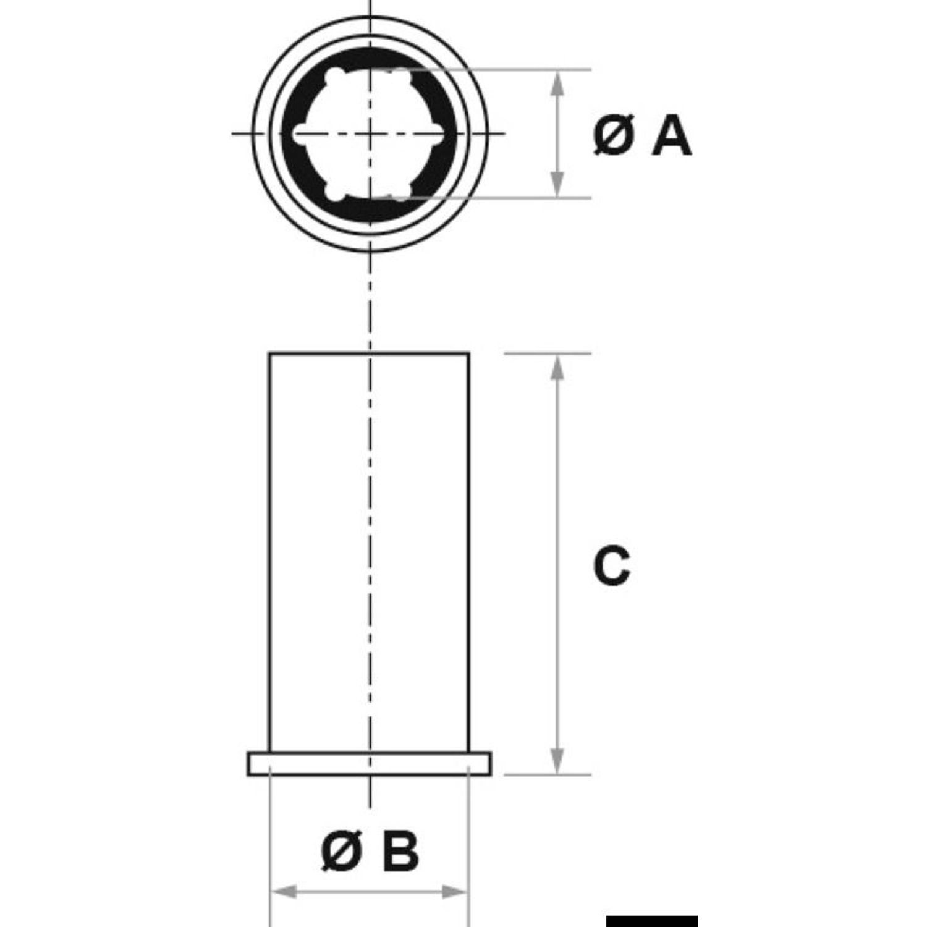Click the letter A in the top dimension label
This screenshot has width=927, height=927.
[x=671, y=137]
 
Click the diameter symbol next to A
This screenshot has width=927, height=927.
[x=613, y=137]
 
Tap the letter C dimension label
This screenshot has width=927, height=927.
[x=612, y=566]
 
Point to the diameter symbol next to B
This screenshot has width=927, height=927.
[x=342, y=852]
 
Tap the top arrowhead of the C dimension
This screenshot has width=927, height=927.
[x=557, y=368]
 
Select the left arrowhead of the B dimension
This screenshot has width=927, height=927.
[x=284, y=892]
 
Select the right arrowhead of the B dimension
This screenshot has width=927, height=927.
[x=455, y=892]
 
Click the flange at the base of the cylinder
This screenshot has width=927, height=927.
[x=370, y=763]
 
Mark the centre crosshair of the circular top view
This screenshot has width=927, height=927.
[x=370, y=133]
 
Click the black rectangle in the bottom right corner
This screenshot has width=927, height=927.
[x=651, y=921]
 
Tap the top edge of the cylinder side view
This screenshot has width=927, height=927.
[x=369, y=353]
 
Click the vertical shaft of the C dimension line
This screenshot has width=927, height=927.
[x=557, y=564]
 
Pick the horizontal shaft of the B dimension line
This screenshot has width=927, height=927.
[x=370, y=892]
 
